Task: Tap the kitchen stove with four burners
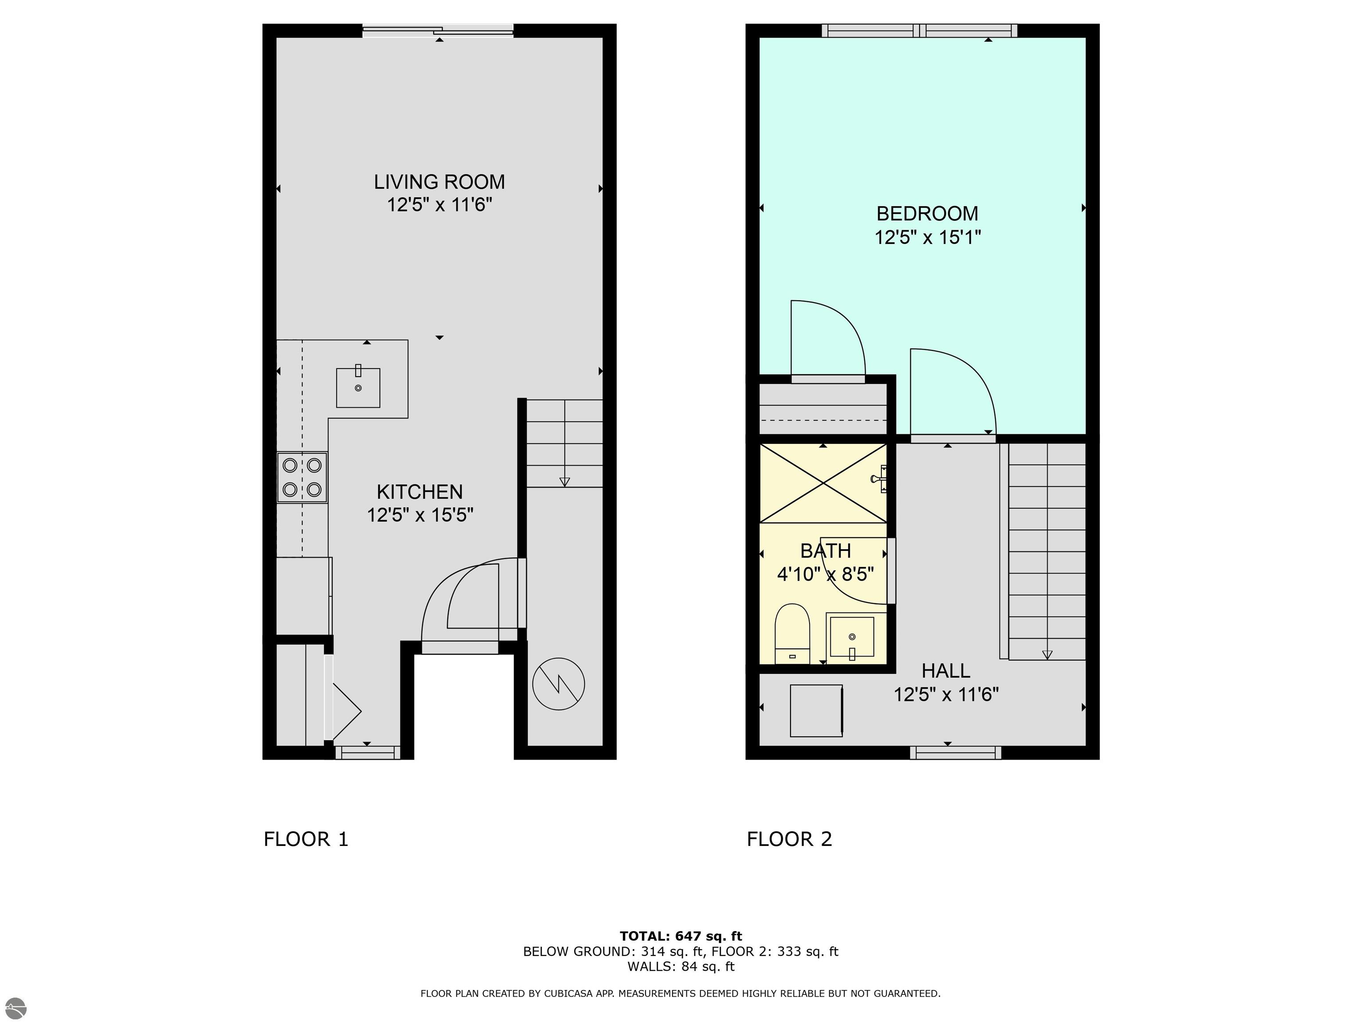pos(302,477)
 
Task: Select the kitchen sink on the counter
pos(358,388)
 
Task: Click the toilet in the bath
pos(792,634)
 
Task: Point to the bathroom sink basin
pos(852,637)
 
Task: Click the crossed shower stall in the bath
pos(824,483)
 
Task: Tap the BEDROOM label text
pos(928,214)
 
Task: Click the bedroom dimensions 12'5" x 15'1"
pos(928,237)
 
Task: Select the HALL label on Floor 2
pos(946,671)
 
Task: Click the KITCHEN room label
pos(420,491)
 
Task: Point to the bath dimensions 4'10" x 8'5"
pos(826,574)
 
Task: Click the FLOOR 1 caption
pos(306,839)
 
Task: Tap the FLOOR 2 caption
pos(789,839)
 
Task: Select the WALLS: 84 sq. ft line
pos(681,967)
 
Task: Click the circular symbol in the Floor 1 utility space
pos(559,684)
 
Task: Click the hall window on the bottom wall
pos(955,752)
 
